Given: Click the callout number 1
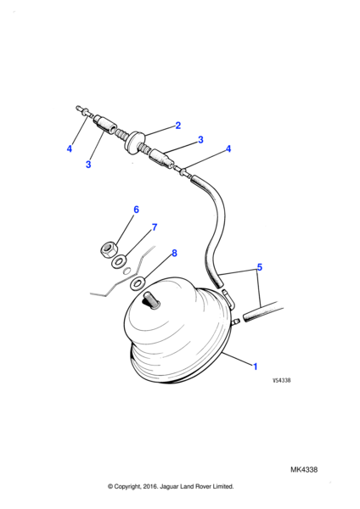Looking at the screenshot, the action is tap(255, 366).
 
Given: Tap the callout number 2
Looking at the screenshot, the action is tap(177, 126).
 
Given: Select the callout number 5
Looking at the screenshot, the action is tap(259, 267).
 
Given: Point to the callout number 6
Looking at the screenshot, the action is tap(136, 210).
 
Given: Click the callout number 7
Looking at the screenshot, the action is tap(155, 227).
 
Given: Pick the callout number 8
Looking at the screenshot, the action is tap(174, 253).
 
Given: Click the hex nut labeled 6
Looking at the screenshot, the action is tap(108, 249).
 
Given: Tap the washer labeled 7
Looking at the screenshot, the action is tap(119, 261).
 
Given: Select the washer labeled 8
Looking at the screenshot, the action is tap(138, 283).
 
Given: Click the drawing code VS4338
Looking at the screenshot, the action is tap(281, 380).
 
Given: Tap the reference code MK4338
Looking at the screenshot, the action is tap(304, 469).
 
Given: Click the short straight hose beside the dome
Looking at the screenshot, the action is tap(263, 311).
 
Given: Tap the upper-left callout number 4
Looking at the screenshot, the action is tap(70, 148).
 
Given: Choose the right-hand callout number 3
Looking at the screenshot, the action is tap(200, 140).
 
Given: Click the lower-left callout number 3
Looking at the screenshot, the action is tap(88, 165).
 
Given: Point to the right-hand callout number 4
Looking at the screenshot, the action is tap(228, 148).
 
